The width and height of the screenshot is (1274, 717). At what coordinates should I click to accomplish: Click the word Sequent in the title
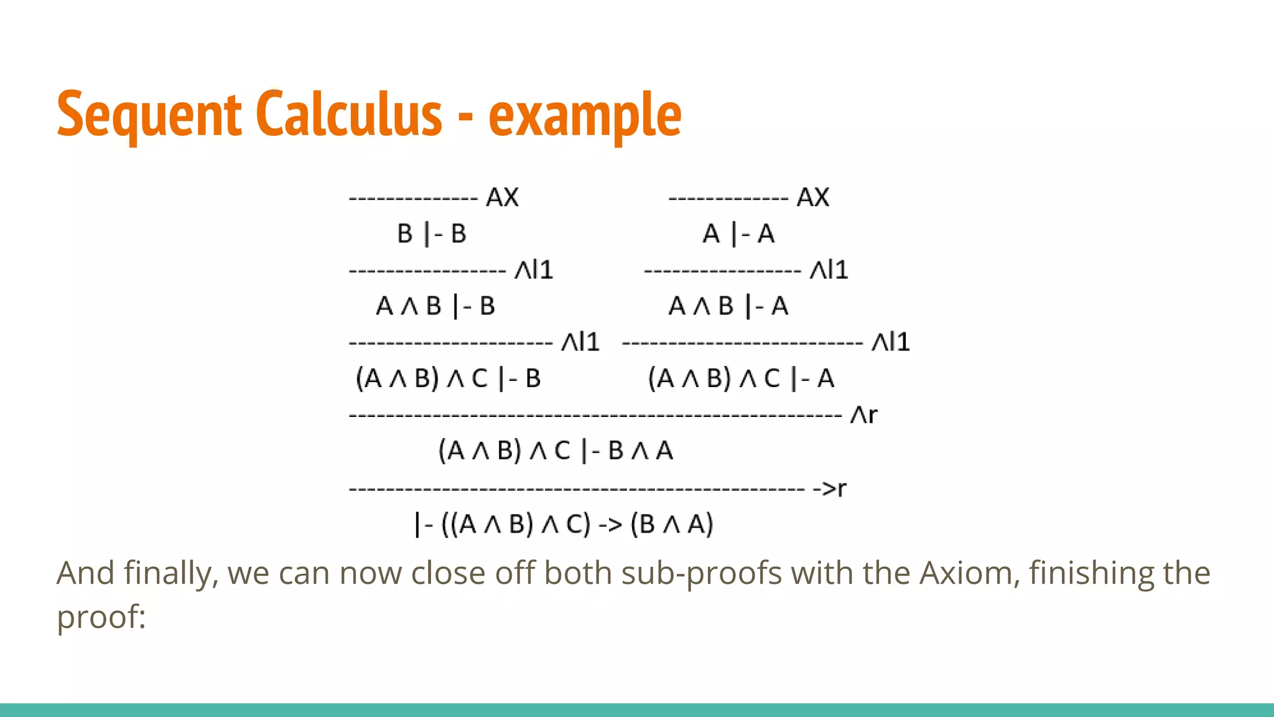(149, 115)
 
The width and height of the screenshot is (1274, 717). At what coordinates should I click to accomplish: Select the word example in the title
(585, 116)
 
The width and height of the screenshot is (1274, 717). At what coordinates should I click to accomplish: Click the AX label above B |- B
(502, 197)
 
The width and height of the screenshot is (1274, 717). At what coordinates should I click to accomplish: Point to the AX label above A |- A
(812, 197)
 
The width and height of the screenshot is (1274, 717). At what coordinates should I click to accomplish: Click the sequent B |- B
(432, 234)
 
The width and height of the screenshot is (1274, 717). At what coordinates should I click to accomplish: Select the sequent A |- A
(738, 234)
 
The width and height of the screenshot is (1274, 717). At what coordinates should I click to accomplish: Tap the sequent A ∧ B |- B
(435, 306)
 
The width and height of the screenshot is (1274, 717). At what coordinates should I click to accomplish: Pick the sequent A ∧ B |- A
(728, 306)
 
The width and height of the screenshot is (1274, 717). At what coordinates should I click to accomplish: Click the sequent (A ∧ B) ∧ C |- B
(448, 378)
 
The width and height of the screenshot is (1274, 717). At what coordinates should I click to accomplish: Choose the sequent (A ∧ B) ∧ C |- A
(741, 378)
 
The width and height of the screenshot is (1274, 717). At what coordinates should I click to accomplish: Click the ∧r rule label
(863, 415)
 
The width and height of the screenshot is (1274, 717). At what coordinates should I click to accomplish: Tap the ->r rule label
(829, 489)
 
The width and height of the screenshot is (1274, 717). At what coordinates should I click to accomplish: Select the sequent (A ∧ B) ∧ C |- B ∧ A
(556, 451)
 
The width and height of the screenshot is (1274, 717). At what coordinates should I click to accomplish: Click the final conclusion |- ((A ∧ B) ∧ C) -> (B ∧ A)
(564, 524)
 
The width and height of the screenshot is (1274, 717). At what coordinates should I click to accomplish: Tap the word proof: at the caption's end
(101, 617)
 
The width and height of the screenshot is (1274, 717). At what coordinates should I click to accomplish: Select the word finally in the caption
(168, 573)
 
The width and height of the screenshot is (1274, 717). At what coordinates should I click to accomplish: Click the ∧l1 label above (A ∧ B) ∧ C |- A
(890, 342)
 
